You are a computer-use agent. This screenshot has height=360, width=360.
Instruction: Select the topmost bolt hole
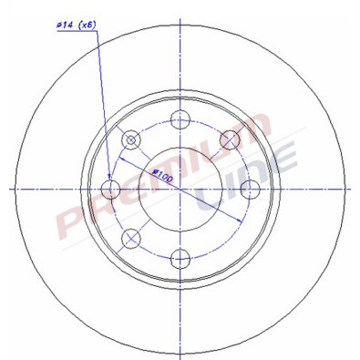click(x=180, y=117)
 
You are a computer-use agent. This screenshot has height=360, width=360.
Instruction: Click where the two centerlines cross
click(x=180, y=188)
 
